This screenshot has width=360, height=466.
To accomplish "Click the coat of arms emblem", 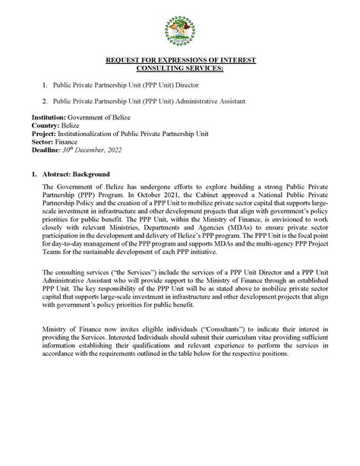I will click(180, 31).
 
